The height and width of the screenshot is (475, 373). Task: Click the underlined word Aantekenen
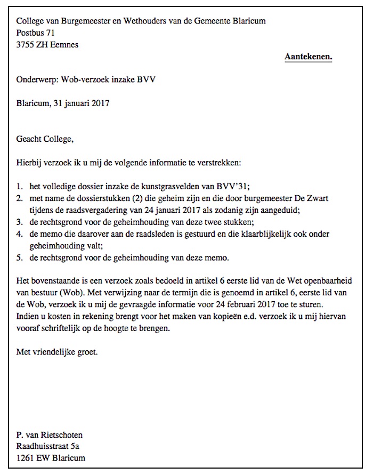(308, 56)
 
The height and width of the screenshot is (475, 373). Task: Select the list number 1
(20, 187)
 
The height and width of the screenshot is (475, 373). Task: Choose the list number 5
(20, 258)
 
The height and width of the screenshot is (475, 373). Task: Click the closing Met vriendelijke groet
(57, 352)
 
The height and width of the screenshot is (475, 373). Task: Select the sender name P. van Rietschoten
(50, 435)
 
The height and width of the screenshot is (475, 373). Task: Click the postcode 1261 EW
(33, 458)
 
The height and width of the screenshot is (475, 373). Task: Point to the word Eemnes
(64, 45)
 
